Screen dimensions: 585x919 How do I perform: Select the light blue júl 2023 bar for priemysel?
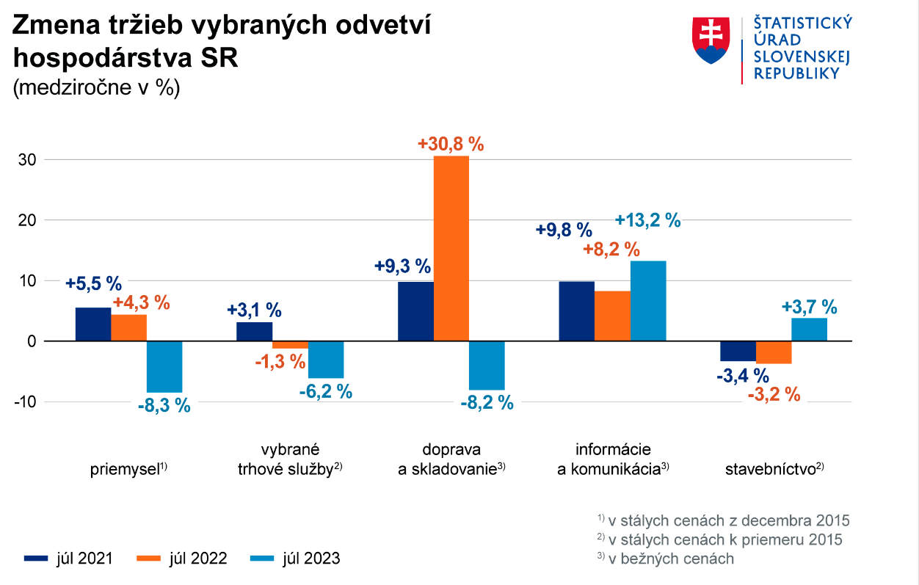[164, 366]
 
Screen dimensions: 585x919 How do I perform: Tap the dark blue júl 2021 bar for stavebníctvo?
[738, 351]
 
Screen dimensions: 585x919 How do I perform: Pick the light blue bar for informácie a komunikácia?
[648, 300]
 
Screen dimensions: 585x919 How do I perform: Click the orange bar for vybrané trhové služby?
[290, 344]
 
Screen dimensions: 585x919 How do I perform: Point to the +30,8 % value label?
[451, 144]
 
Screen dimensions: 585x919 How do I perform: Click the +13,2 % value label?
[648, 220]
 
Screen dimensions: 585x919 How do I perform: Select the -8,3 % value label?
[164, 404]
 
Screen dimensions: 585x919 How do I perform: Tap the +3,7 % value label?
[809, 307]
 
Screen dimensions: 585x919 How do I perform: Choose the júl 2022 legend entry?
[182, 559]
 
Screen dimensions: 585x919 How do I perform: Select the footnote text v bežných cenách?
[671, 559]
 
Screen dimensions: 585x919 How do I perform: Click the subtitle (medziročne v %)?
[96, 87]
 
